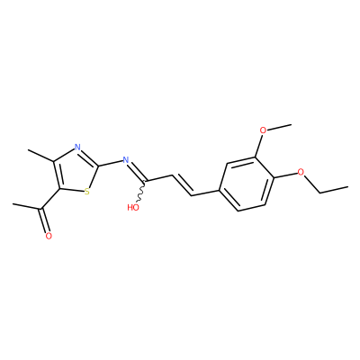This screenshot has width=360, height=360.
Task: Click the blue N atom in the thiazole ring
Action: pos(77,148)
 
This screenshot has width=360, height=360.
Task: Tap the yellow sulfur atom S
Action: pos(87,192)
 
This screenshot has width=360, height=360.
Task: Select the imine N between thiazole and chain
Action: pos(126,159)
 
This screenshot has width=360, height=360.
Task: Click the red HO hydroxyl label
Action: pos(133,207)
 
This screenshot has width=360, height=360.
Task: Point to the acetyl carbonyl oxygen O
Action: pos(49,236)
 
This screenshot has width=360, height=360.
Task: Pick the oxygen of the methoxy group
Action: pos(263,130)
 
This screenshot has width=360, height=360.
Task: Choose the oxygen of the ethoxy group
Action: pos(301,172)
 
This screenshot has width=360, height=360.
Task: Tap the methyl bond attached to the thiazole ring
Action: pos(40,156)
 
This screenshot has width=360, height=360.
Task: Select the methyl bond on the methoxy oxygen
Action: pos(279,127)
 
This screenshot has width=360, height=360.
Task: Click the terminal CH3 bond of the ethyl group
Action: pos(334,190)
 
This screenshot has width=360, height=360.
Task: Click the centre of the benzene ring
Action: pos(247,184)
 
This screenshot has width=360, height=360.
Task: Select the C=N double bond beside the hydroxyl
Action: pos(137,171)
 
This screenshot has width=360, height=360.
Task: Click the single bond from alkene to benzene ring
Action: pos(206,193)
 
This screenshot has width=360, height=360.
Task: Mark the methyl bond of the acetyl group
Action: pos(27,206)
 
